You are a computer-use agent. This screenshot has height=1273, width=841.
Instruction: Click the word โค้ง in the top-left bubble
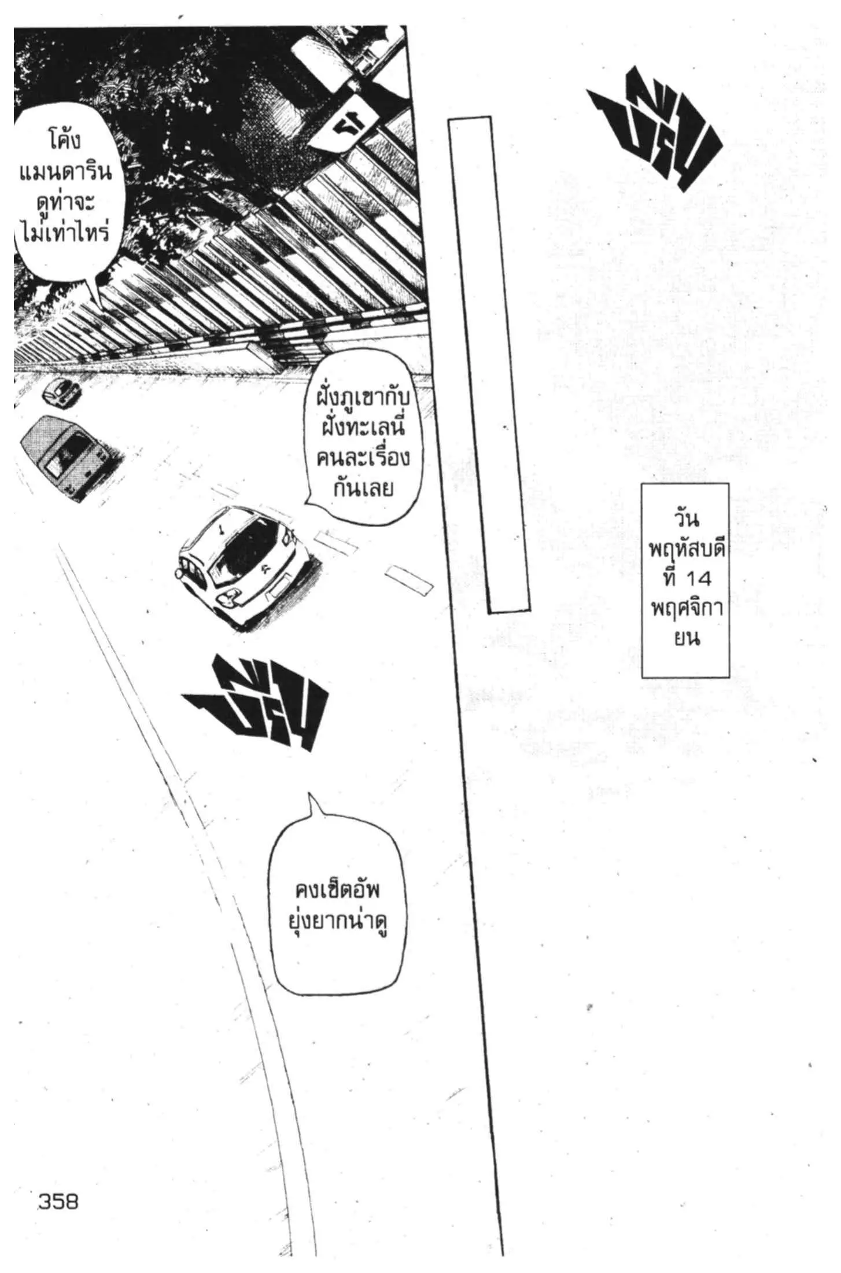(x=64, y=141)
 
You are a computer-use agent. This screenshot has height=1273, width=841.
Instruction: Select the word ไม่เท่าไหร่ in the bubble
(x=64, y=234)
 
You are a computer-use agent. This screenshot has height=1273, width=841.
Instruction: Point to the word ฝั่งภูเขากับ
(x=363, y=399)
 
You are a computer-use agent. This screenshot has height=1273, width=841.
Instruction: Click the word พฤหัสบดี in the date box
(x=687, y=550)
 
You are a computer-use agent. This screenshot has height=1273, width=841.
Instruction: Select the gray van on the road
(x=69, y=457)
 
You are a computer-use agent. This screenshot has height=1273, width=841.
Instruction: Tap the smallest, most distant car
(x=62, y=391)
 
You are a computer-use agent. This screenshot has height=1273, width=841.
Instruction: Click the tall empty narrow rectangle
(x=489, y=365)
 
